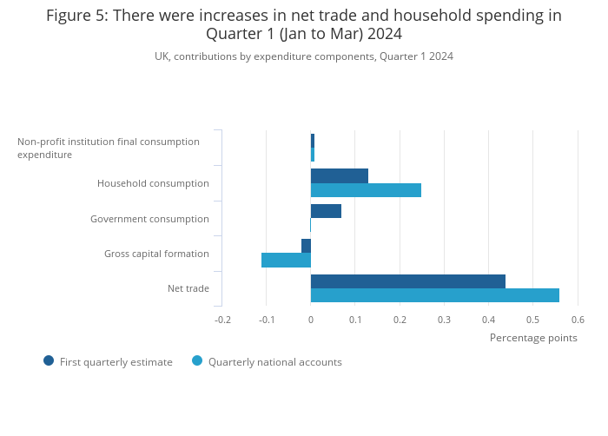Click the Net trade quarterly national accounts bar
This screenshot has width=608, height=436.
click(434, 295)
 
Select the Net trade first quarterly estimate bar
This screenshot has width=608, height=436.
click(407, 281)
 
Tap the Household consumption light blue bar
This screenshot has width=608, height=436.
click(366, 190)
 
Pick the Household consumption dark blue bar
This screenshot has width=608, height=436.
click(339, 175)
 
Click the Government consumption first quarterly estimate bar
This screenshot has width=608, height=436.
click(326, 211)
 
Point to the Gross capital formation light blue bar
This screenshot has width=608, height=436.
click(286, 260)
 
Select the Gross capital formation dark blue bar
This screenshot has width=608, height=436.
click(306, 246)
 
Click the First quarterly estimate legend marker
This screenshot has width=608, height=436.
click(49, 361)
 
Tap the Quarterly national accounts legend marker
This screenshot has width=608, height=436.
click(197, 361)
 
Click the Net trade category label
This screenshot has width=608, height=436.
click(188, 288)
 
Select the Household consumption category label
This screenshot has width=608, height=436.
click(153, 183)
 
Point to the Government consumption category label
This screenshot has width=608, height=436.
click(149, 219)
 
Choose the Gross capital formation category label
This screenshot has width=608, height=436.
click(156, 254)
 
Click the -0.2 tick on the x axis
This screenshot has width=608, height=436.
click(222, 319)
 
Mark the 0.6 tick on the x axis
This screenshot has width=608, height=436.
click(578, 319)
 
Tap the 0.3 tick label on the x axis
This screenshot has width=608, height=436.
click(444, 319)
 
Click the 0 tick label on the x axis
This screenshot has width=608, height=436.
click(311, 319)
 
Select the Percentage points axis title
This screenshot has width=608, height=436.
click(533, 338)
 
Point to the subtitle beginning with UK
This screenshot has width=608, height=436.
click(303, 56)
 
